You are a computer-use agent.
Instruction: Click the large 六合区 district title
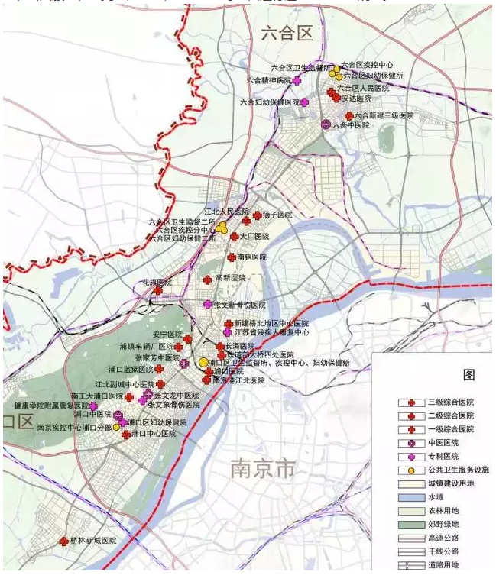point(287,33)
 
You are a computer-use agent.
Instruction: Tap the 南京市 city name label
point(262,468)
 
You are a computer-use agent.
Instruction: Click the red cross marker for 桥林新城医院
point(63,541)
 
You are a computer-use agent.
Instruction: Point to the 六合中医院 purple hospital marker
point(326,124)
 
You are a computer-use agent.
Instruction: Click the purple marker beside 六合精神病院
point(297,80)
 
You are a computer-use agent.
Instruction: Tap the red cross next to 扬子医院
point(258,215)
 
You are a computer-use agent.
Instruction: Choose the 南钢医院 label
point(251,258)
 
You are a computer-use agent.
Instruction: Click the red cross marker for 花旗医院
point(158,290)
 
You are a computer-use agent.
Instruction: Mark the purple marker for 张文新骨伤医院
point(207,304)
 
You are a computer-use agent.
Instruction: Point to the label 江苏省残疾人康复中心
point(271,333)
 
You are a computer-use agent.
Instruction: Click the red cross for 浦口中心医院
point(126,434)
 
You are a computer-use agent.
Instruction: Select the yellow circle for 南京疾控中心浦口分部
point(117,427)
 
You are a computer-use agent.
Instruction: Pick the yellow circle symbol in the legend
point(410,470)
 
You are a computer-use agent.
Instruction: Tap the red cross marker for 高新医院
point(207,280)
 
